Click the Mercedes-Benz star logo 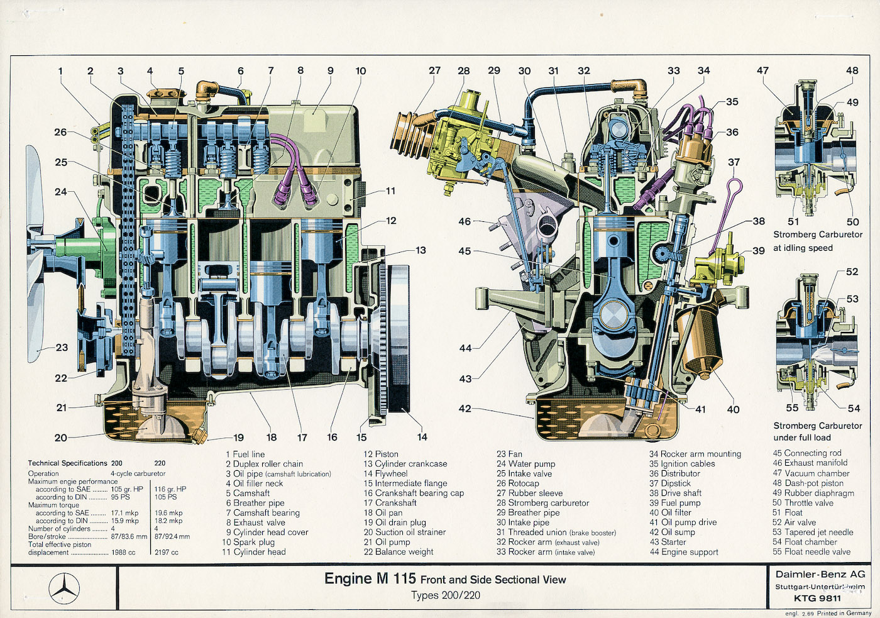(x=64, y=588)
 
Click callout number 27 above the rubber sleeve (x=434, y=70)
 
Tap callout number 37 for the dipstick (x=734, y=162)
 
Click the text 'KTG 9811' (x=817, y=598)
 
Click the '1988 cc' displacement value (x=123, y=553)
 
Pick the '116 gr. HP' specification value (x=170, y=489)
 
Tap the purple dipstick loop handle (x=735, y=185)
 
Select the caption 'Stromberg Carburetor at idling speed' (x=817, y=241)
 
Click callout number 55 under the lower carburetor (x=792, y=408)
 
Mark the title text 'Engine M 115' (x=370, y=578)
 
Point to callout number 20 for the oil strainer (x=60, y=438)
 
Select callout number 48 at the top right (x=852, y=70)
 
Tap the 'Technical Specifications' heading (x=67, y=463)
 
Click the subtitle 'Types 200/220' (x=446, y=595)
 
